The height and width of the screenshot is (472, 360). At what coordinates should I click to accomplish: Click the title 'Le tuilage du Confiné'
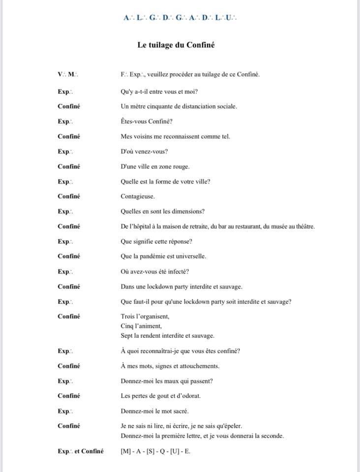click(176, 45)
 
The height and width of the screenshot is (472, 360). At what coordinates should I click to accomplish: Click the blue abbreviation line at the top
click(180, 18)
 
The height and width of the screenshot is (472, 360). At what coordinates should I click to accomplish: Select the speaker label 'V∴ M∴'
click(68, 74)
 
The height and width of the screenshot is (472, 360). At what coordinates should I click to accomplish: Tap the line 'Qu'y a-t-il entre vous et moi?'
click(159, 91)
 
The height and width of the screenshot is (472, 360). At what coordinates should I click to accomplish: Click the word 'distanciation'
click(192, 106)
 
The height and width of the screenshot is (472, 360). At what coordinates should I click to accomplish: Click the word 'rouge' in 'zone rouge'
click(180, 166)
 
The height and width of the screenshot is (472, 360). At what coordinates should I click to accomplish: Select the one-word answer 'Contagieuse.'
click(138, 196)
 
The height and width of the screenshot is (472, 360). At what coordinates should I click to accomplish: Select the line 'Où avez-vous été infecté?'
click(155, 271)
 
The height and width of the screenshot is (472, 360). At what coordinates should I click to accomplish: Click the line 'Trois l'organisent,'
click(145, 316)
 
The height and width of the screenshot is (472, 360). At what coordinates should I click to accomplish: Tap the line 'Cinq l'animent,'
click(141, 325)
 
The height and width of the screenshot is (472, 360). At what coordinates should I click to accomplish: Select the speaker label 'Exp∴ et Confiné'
click(81, 451)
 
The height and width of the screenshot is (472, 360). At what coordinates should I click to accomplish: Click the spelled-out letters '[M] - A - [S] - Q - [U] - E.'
click(155, 451)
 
